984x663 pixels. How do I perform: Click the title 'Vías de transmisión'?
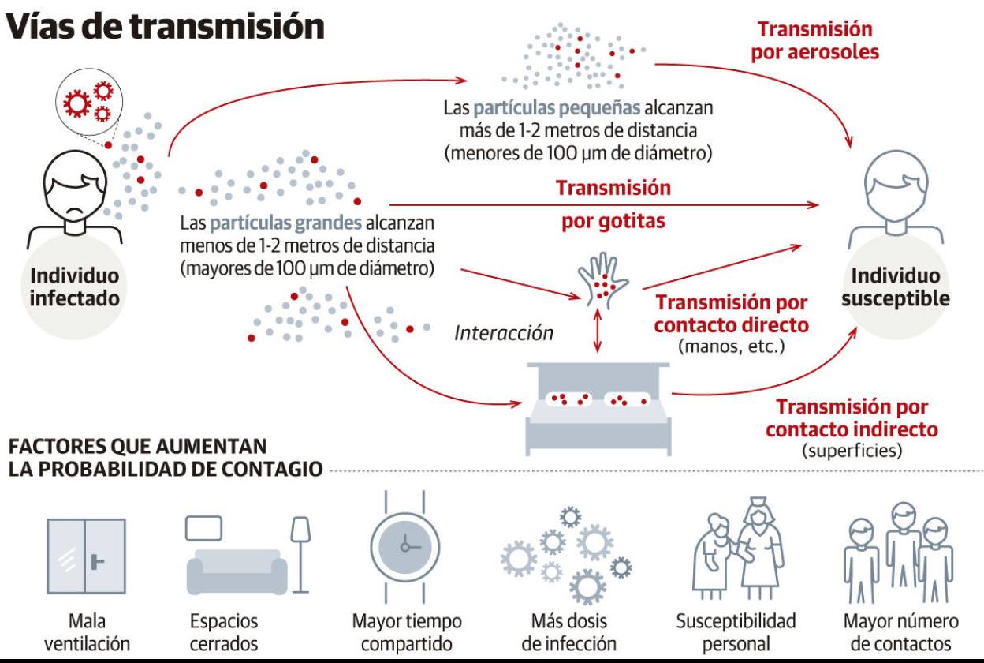(165, 25)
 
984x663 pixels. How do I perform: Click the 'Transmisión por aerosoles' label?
(814, 41)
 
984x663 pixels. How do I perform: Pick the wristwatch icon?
(404, 545)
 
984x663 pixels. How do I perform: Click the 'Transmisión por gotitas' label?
(613, 205)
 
